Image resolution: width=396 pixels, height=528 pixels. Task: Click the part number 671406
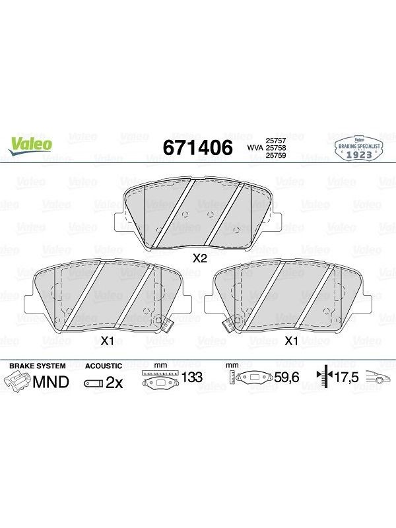click(x=197, y=147)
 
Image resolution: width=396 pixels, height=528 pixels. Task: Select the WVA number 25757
click(x=276, y=141)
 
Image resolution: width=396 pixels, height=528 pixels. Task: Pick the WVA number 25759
click(x=276, y=155)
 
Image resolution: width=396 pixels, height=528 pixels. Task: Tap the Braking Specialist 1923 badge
click(x=359, y=150)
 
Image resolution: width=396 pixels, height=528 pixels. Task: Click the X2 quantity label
click(x=199, y=259)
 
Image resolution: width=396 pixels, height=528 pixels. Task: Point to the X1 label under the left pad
click(x=107, y=341)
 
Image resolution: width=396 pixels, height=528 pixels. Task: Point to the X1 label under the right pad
click(x=291, y=341)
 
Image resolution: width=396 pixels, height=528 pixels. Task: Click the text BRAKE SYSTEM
click(x=38, y=366)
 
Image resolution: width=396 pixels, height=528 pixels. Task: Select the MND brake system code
click(x=51, y=382)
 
